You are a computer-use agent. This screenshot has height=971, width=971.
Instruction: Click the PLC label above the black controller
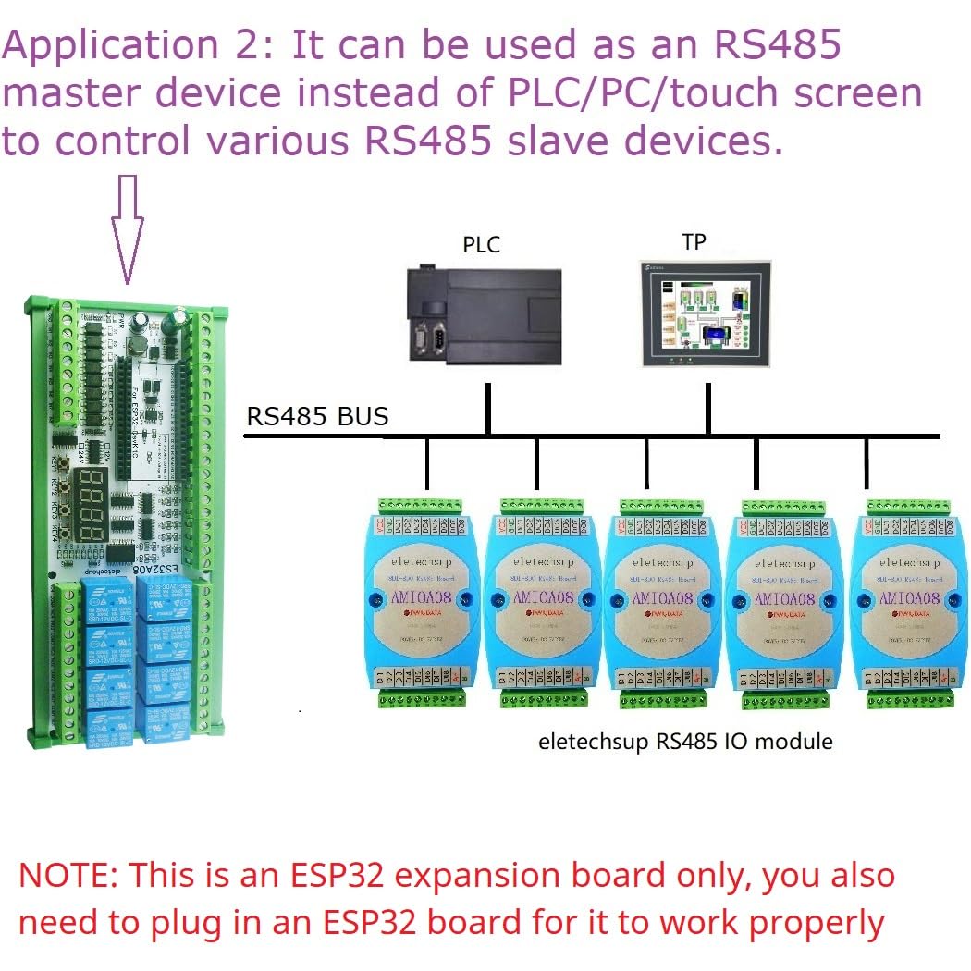click(481, 245)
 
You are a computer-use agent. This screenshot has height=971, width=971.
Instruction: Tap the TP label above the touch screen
click(694, 242)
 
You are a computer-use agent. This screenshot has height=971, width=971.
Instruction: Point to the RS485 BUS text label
click(317, 417)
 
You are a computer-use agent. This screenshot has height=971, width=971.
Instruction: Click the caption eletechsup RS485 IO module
click(685, 742)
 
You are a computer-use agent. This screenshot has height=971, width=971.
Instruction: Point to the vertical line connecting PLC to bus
click(487, 410)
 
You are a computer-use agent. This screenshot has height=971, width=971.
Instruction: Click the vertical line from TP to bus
click(707, 410)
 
